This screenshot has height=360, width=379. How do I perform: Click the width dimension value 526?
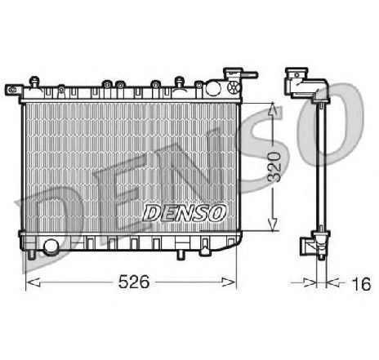134,282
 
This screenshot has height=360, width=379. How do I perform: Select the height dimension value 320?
274,167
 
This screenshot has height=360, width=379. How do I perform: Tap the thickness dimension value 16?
361,284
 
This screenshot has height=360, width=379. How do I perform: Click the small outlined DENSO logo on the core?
185,213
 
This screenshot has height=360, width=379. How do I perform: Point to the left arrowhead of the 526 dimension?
33,282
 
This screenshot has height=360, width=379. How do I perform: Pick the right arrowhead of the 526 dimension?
229,282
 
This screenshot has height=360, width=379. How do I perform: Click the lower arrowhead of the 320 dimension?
273,224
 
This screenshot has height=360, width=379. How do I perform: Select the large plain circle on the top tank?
212,87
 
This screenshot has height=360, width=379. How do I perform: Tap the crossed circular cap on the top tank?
234,87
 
